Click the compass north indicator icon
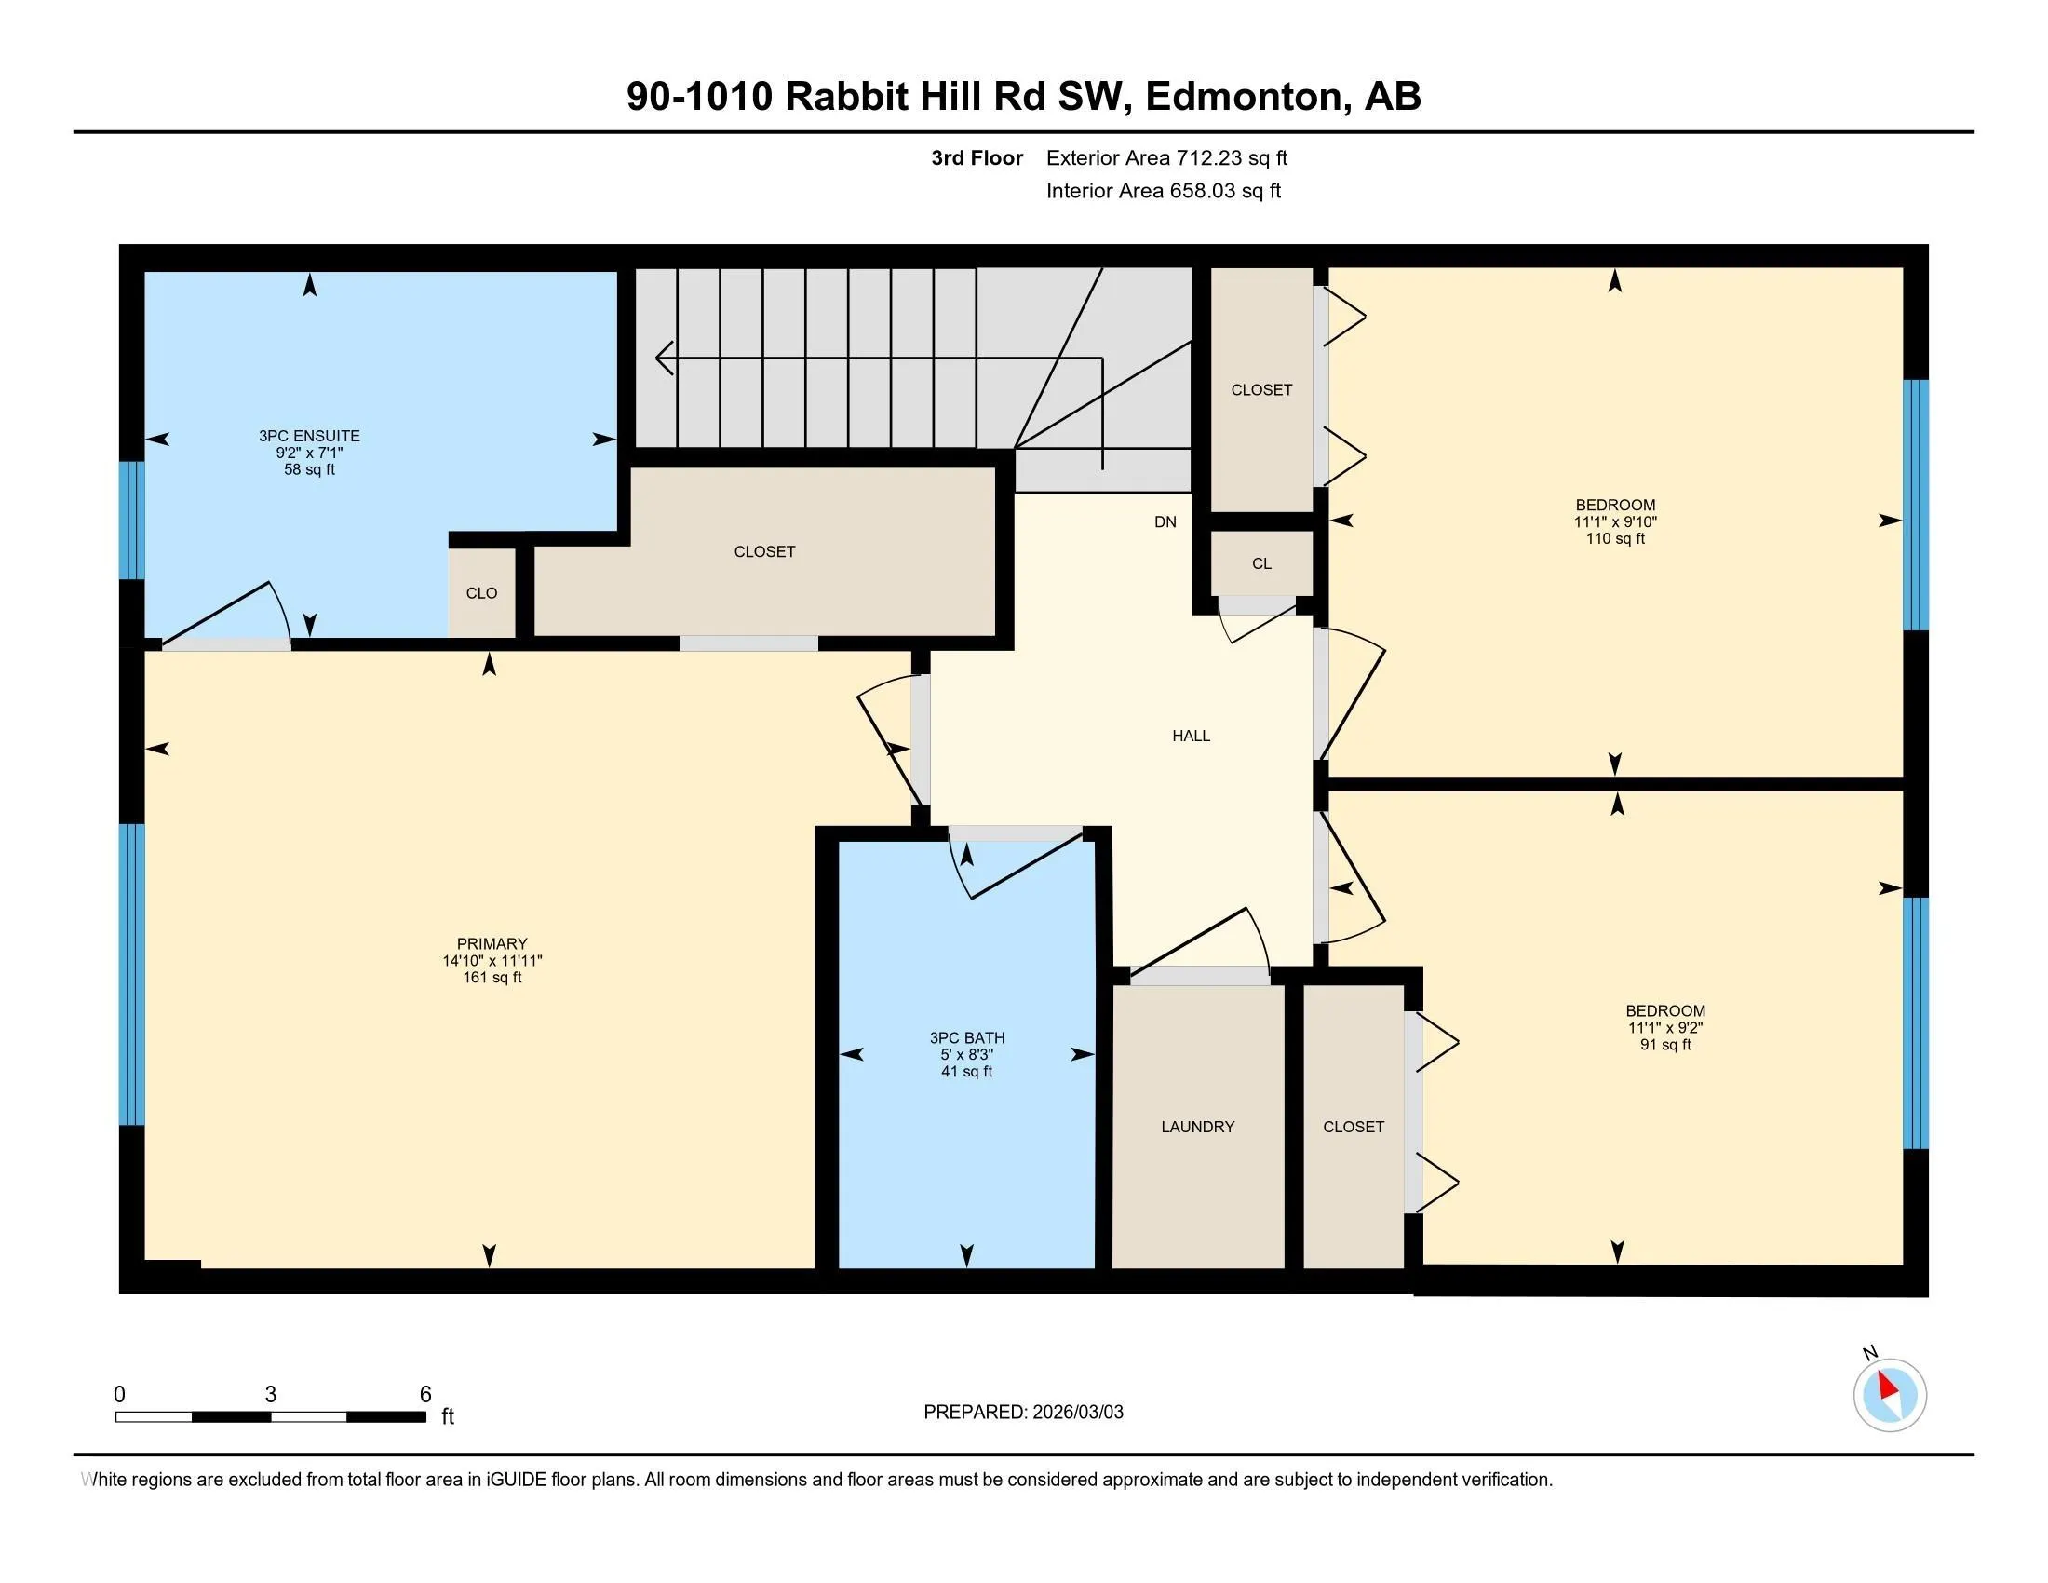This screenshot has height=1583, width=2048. (1890, 1395)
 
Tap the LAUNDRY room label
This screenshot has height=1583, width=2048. (1197, 1127)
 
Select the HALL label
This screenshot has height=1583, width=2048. (1191, 737)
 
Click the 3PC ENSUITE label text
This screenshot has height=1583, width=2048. (309, 436)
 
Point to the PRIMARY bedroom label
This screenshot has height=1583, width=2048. (492, 943)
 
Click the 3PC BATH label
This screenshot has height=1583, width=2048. (967, 1037)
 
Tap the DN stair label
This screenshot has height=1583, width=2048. (1165, 522)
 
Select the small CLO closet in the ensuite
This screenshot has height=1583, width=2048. (482, 592)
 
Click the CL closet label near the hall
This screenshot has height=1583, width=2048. (1261, 563)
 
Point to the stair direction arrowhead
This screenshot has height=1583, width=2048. (664, 358)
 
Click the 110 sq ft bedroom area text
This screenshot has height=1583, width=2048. (1615, 538)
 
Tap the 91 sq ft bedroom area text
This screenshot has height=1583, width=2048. (1665, 1045)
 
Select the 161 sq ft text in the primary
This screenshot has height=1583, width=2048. (492, 977)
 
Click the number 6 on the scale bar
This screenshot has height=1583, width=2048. (425, 1395)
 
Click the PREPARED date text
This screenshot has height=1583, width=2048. (1023, 1413)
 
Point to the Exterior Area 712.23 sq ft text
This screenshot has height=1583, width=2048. (1166, 157)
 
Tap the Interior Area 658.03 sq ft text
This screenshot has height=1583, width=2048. (1164, 190)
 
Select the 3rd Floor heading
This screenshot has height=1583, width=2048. (977, 157)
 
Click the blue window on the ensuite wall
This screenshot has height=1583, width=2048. (132, 521)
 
